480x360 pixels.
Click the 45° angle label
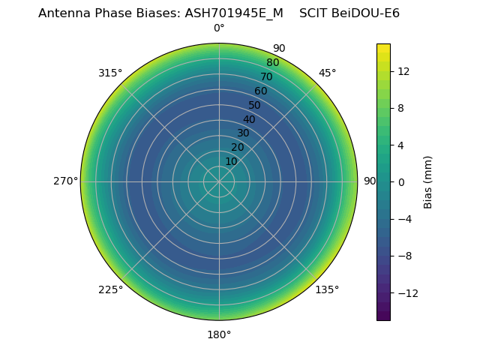(x=327, y=73)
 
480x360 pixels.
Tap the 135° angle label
(x=327, y=289)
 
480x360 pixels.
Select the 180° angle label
(x=219, y=334)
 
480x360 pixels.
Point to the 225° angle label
(x=110, y=289)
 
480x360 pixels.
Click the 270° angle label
(x=65, y=181)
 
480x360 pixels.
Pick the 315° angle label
(x=110, y=73)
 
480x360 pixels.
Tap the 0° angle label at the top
(x=219, y=28)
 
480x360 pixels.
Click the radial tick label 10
(x=231, y=161)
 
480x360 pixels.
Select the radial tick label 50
(x=254, y=106)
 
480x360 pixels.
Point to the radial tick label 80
(x=272, y=63)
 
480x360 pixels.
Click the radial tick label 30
(x=243, y=133)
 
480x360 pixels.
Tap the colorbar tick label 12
(x=403, y=71)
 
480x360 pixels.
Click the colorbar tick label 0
(x=401, y=182)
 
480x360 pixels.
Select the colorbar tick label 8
(x=401, y=108)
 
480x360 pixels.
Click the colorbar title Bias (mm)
(x=428, y=182)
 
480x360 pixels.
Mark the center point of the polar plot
(x=219, y=181)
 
